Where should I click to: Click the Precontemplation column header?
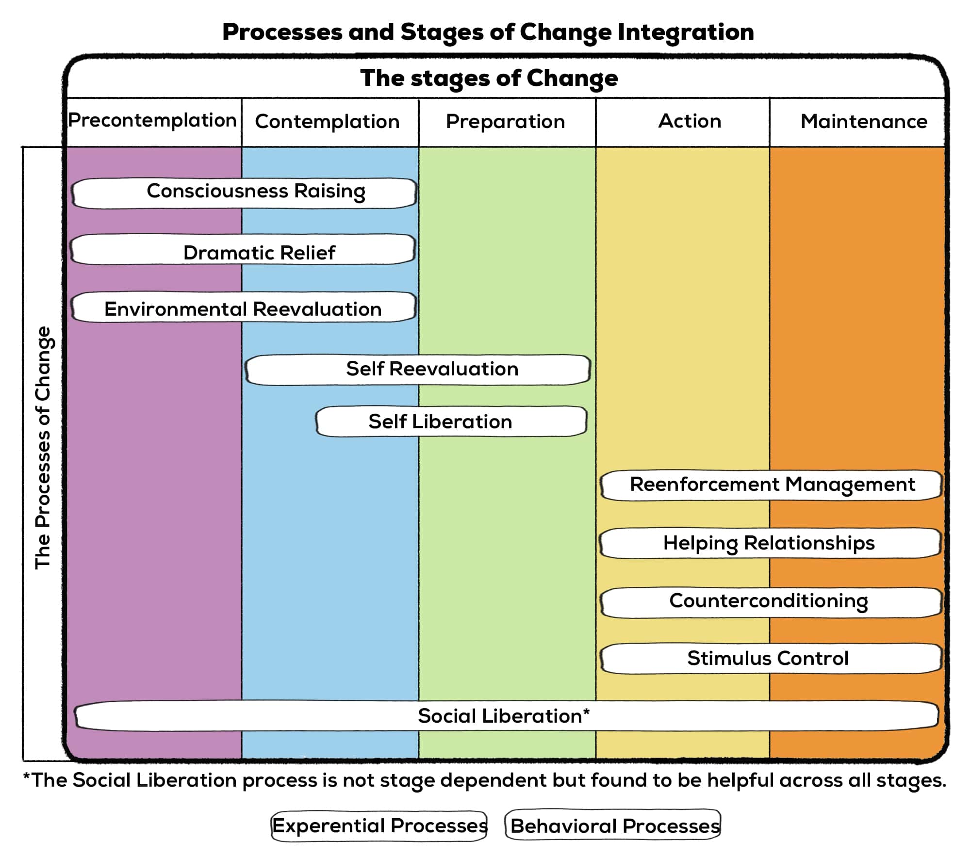pos(152,121)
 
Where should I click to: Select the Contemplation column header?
pos(328,122)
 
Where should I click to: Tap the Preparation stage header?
pos(506,122)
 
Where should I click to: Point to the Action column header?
pos(690,121)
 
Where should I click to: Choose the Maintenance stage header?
pos(864,121)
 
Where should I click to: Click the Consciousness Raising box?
pos(244,193)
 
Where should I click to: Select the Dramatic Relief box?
pos(243,249)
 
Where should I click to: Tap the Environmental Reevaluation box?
pos(244,307)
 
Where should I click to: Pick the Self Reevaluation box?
pos(418,370)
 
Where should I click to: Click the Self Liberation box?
pos(451,421)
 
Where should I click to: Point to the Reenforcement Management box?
pos(772,485)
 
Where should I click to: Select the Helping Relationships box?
pos(771,543)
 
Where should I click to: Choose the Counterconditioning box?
pos(772,602)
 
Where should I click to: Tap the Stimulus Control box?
pos(772,659)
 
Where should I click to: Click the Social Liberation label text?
pos(504,716)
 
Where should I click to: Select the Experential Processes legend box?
pos(379,826)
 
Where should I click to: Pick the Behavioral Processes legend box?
pos(613,825)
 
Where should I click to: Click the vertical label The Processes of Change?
pos(43,447)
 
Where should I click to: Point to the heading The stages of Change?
pos(489,79)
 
